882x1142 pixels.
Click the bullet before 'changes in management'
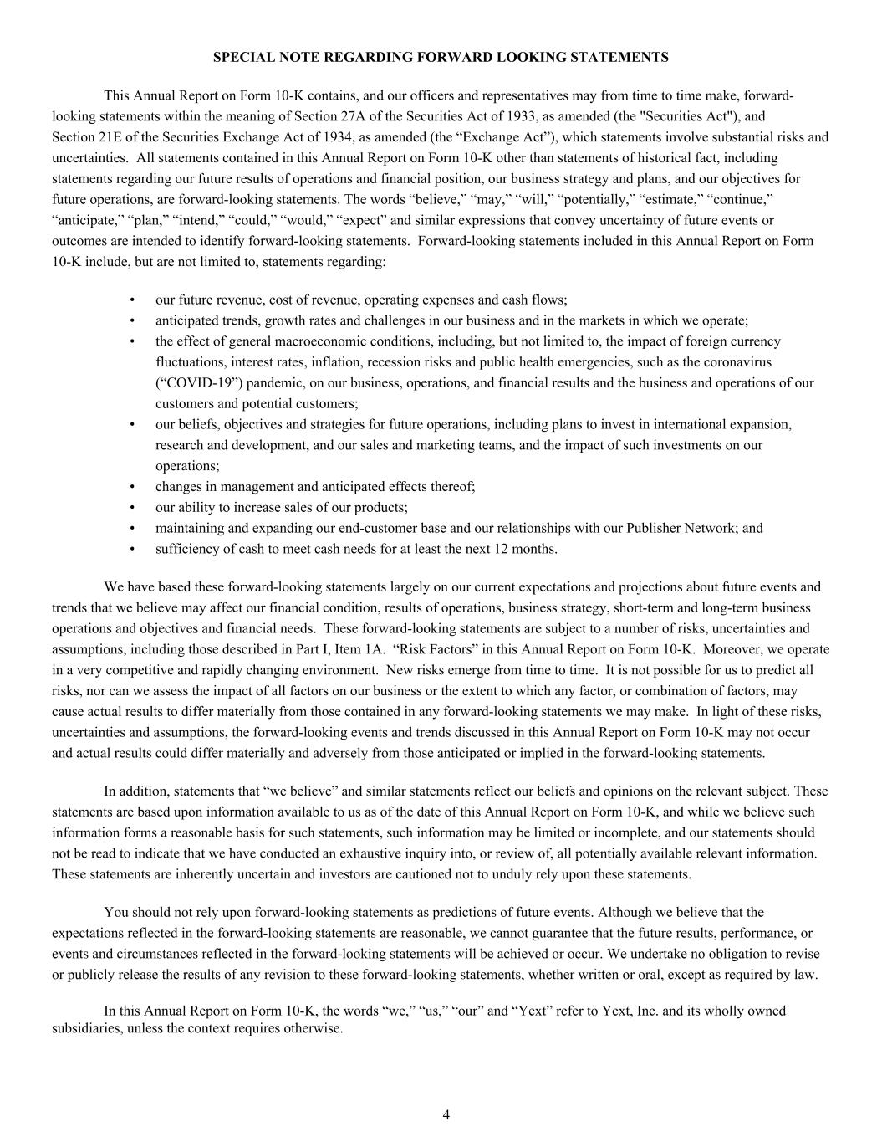point(133,487)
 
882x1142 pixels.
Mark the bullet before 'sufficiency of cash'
point(133,550)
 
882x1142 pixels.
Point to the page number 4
point(446,1114)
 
